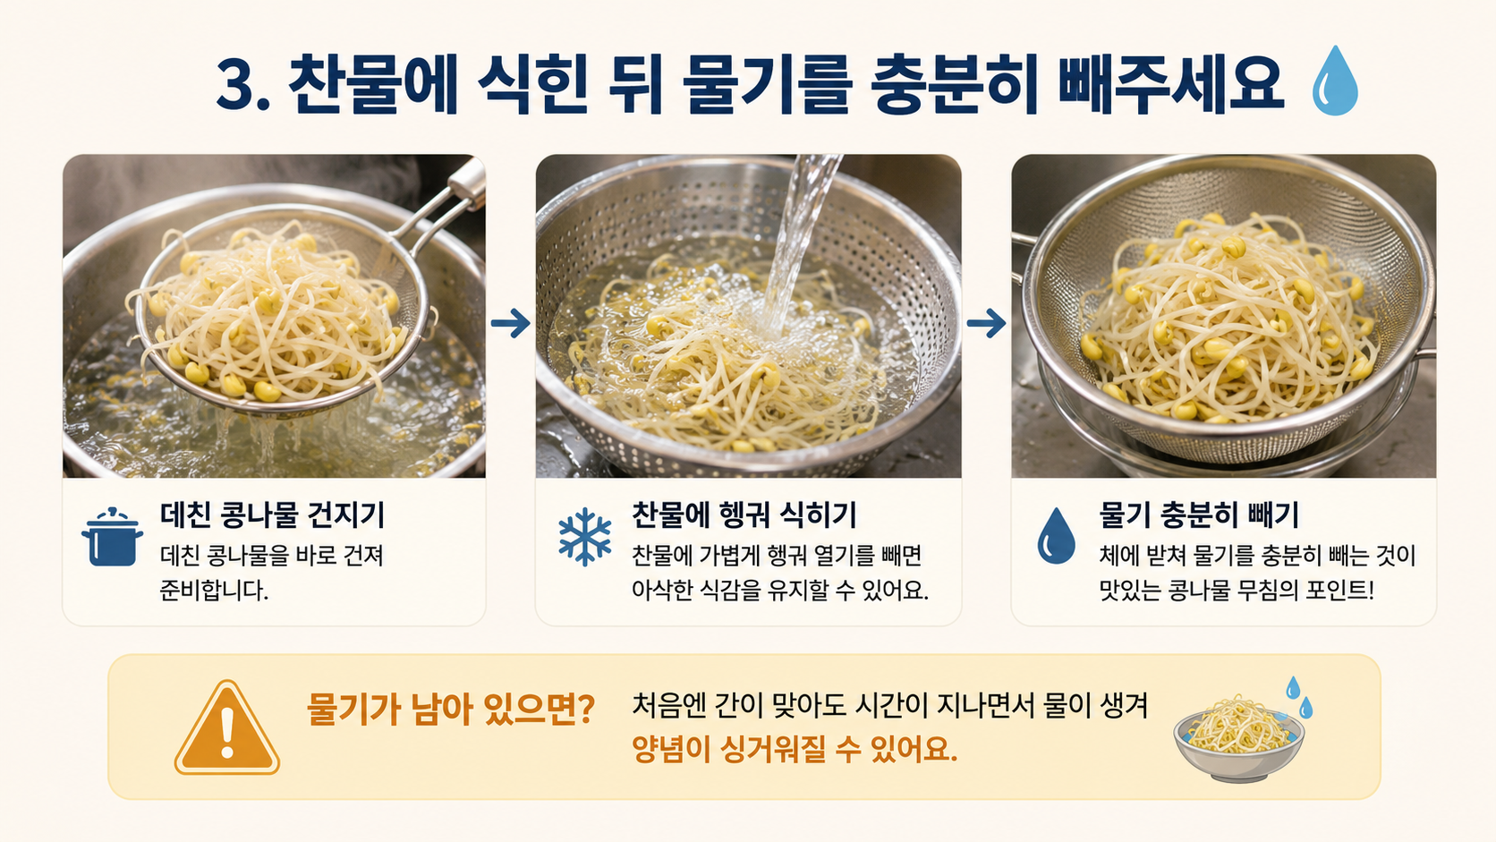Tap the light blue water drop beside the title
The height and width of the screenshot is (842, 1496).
(x=1335, y=81)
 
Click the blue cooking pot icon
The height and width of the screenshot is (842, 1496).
(x=112, y=537)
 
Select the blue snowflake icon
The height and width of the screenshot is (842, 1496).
(x=585, y=537)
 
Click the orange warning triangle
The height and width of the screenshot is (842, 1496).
(x=227, y=727)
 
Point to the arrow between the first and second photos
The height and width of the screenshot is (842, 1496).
(x=511, y=323)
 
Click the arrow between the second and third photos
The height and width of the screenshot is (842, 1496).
(x=986, y=323)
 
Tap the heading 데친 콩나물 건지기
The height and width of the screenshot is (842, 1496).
(x=273, y=515)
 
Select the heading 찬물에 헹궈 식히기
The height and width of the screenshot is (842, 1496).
(x=744, y=515)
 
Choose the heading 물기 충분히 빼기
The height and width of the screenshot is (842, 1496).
(x=1199, y=515)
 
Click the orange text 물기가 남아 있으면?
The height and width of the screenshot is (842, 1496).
(x=451, y=709)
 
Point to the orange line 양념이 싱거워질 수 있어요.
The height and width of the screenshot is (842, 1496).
(x=795, y=749)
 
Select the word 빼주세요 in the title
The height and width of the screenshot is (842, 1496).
(x=1170, y=86)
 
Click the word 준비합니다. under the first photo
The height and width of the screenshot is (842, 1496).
(x=215, y=591)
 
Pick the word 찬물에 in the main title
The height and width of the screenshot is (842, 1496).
(x=372, y=86)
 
